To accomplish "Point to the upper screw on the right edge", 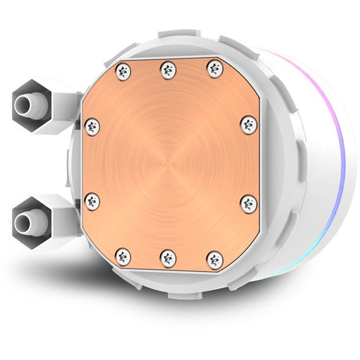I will click(x=249, y=123).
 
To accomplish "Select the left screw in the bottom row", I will click(x=123, y=255).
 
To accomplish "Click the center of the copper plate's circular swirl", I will click(x=170, y=163).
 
